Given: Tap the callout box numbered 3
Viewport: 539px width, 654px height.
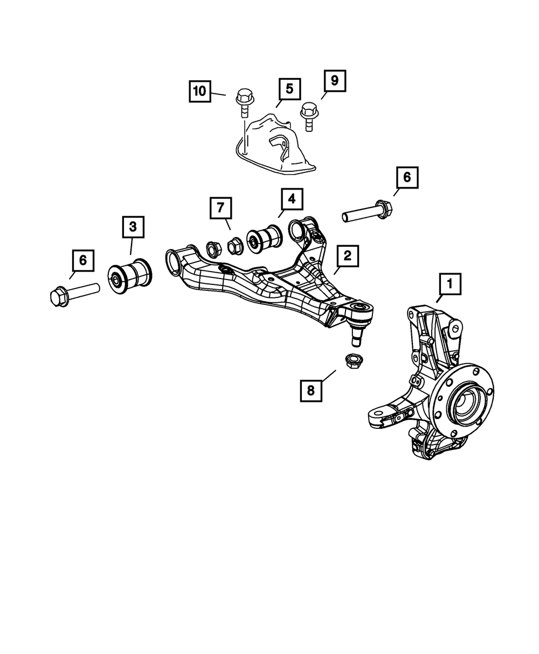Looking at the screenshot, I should click(133, 228).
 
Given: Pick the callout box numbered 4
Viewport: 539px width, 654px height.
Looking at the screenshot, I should click(291, 200).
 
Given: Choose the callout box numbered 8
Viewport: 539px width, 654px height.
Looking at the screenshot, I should click(311, 389).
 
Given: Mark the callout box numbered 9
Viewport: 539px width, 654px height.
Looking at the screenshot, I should click(334, 81).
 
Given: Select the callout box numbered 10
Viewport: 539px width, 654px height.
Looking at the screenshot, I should click(200, 91).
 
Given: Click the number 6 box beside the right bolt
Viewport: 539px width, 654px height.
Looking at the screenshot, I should click(407, 177).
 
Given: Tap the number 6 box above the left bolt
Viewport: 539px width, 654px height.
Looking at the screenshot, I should click(82, 261).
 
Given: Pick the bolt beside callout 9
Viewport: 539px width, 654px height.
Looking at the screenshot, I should click(308, 114).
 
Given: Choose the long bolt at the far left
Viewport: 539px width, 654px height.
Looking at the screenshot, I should click(73, 292).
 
